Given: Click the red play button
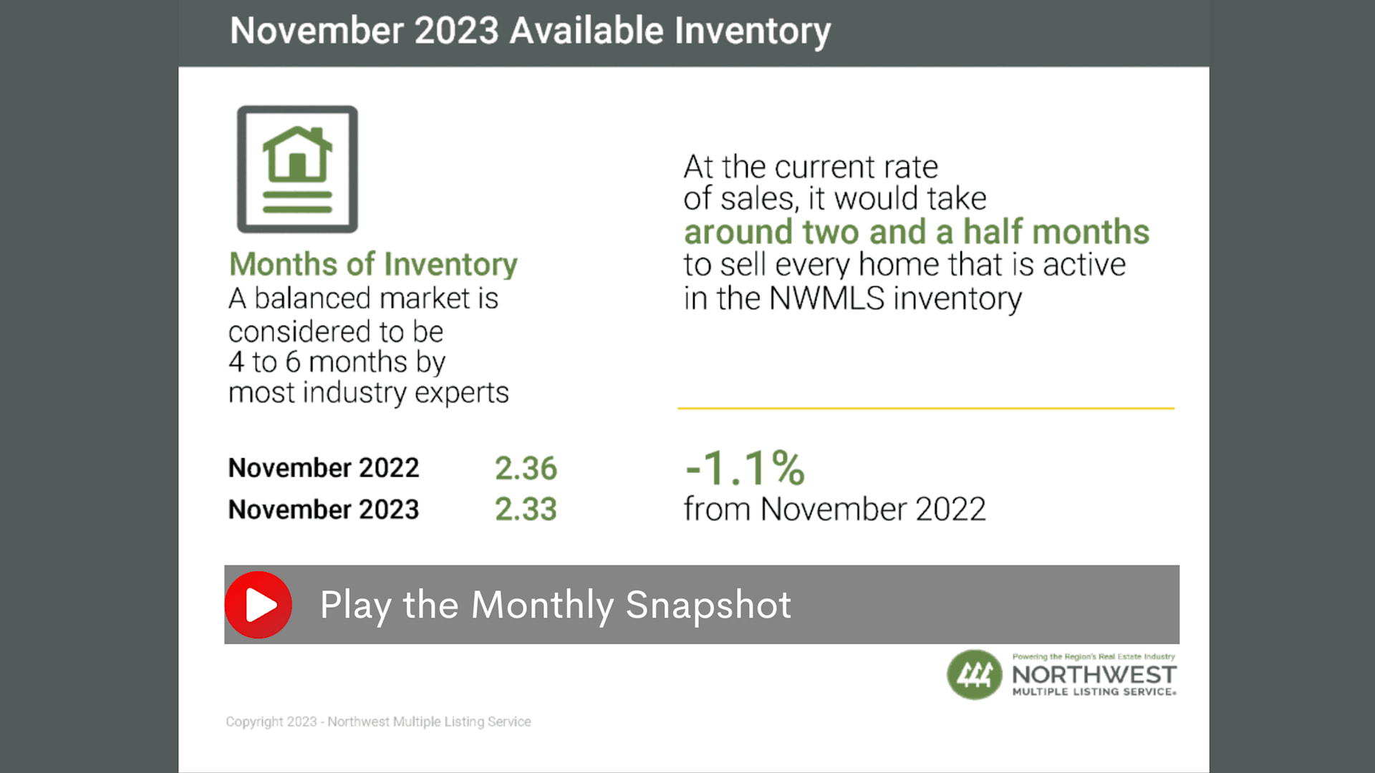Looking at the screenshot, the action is pos(259,605).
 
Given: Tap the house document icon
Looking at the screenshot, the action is pos(297,169).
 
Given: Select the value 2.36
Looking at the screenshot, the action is pos(526,468).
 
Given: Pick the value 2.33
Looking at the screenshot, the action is pos(526,510).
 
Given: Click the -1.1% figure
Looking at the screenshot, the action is pos(745,468).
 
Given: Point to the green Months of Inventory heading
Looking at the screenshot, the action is pos(373,264).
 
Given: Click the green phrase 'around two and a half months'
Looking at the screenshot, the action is pos(917,232).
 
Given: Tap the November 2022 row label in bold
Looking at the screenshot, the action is pos(324,468).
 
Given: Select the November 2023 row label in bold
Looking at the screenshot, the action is pos(324,510).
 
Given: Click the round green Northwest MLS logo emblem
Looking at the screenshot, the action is pos(975,674).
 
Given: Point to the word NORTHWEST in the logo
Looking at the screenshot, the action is pos(1094,674).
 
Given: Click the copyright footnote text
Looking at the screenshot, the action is pos(378,721).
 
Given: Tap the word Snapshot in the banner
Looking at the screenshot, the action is pos(708,606).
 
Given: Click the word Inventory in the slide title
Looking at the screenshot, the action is pos(753,31).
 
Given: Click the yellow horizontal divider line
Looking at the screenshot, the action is pos(926,408).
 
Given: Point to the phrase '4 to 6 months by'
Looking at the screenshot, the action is pos(337,362).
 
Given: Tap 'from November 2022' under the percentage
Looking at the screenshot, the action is pos(835,510).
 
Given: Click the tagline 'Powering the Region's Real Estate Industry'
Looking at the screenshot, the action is pos(1094,656).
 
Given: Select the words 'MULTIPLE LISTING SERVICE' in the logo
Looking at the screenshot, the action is pos(1094,692).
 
